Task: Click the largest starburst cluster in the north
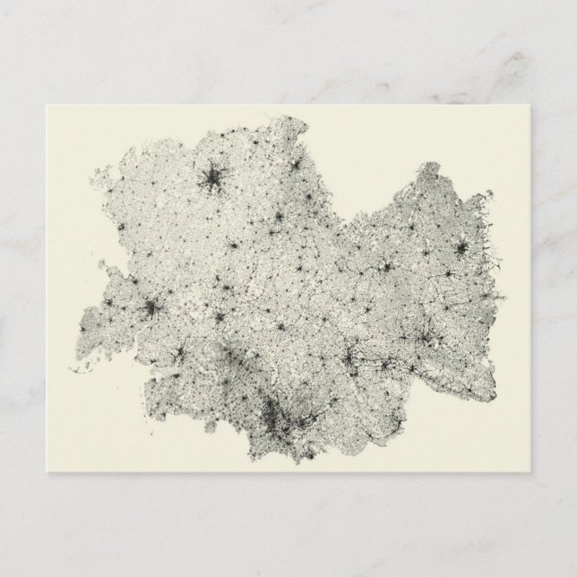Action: click(x=213, y=179)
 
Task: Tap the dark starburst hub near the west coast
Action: click(x=151, y=309)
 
